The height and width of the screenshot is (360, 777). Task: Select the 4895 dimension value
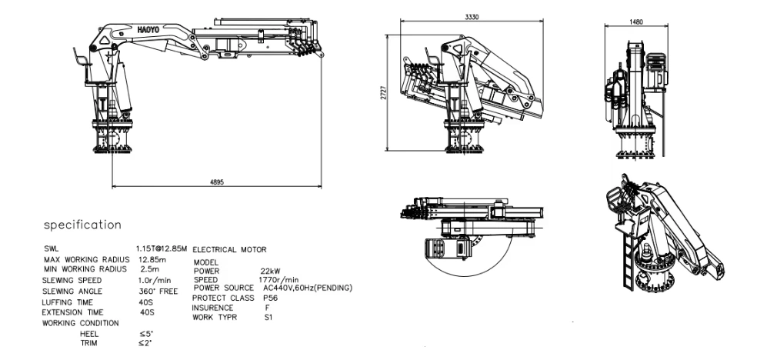218,182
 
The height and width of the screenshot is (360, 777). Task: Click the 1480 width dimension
635,22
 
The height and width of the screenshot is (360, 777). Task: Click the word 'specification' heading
82,225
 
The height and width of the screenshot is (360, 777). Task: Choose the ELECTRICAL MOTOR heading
229,250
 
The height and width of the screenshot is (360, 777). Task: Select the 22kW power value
269,272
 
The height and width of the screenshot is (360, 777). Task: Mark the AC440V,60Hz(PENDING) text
307,288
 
